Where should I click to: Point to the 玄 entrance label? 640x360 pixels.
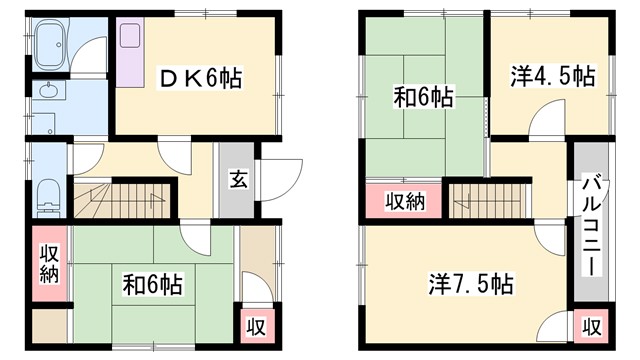click(238, 181)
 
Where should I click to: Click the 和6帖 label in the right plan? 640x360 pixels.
click(422, 98)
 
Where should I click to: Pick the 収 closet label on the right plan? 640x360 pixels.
click(592, 327)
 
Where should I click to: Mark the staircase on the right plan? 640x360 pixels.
click(484, 200)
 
